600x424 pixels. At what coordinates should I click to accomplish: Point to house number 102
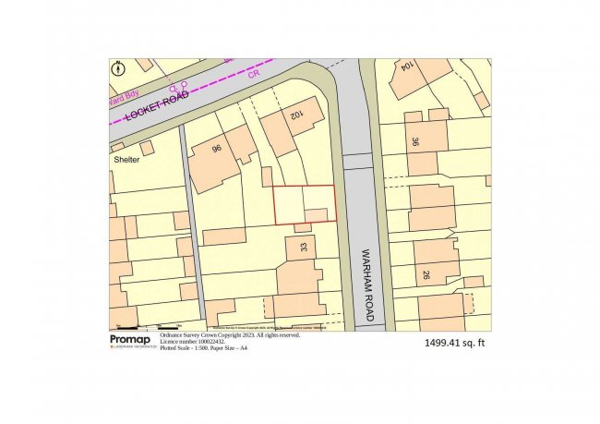coord(296,115)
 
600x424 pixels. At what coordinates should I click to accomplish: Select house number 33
coord(304,248)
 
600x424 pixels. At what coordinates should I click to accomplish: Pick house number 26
coord(427,274)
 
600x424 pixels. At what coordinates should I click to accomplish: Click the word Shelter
coord(126,159)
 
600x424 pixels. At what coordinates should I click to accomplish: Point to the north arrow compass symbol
coord(118,69)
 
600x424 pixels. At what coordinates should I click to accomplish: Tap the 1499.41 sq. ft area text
coord(454,343)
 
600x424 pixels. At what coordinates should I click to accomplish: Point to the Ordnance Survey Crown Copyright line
coord(230,335)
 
